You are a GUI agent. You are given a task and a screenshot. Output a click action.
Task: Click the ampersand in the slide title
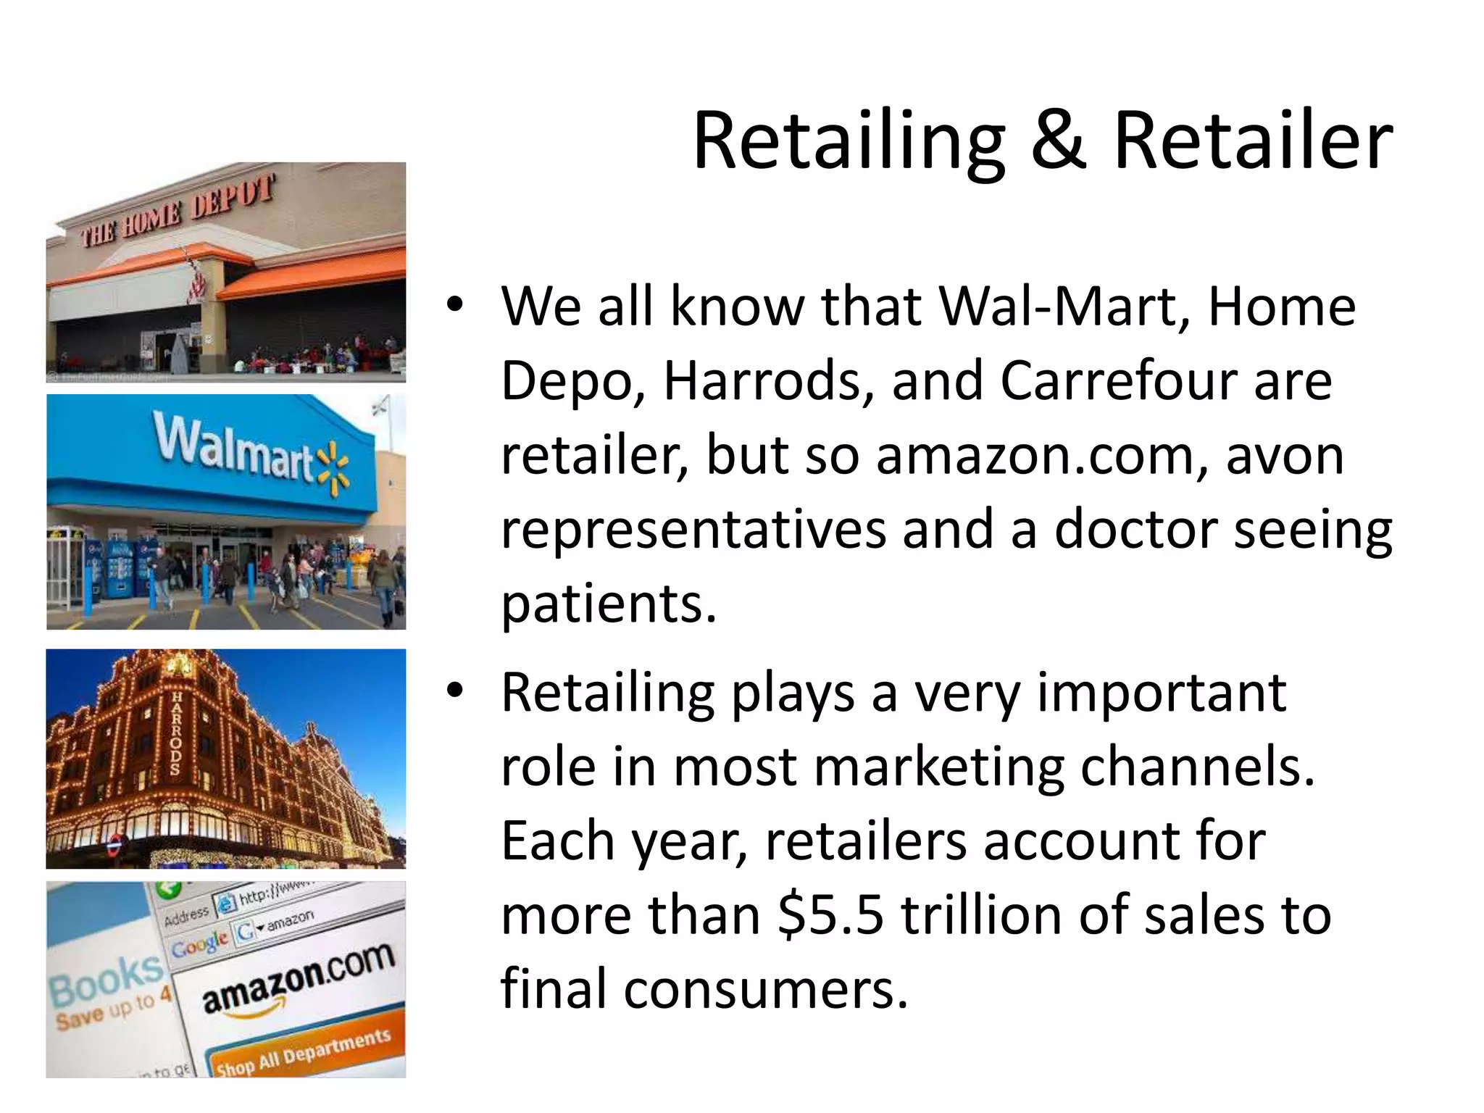(1058, 141)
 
